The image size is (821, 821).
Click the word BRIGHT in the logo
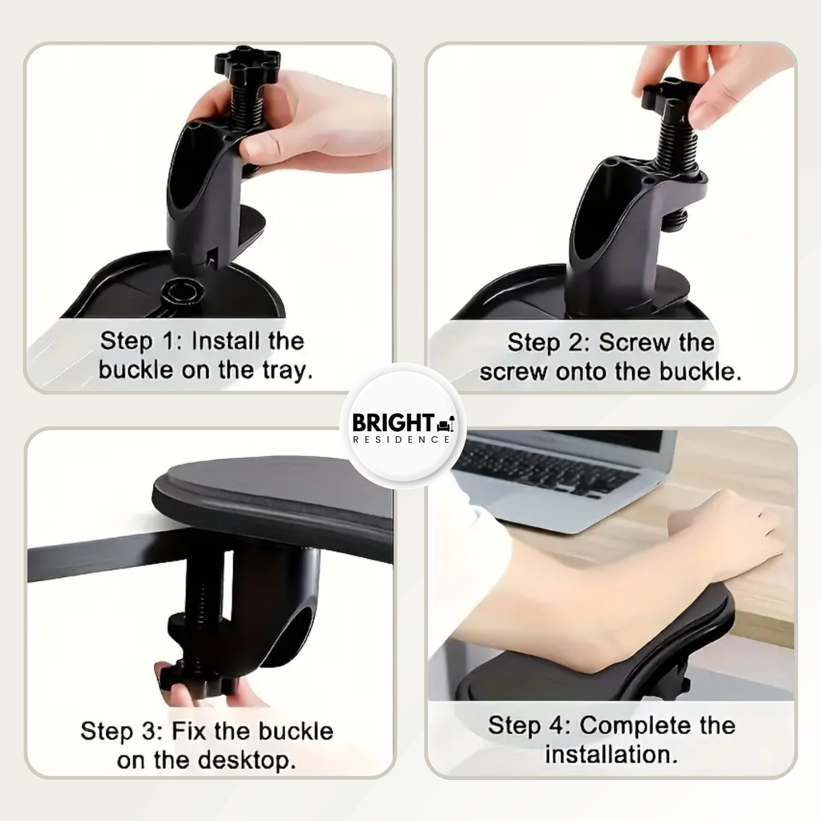(x=393, y=423)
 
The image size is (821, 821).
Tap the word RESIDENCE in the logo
(x=402, y=440)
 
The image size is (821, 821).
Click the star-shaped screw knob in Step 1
(x=247, y=66)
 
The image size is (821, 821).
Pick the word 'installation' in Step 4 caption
(x=608, y=754)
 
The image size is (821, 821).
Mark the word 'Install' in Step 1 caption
(x=226, y=342)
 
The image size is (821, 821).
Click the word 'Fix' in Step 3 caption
(x=189, y=732)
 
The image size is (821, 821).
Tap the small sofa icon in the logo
(x=446, y=423)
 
